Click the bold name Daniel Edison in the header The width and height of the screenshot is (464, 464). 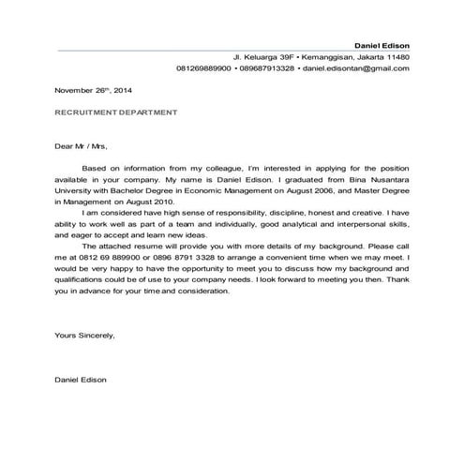click(381, 45)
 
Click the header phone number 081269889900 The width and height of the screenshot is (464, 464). click(204, 68)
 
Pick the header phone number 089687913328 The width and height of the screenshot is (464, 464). click(266, 68)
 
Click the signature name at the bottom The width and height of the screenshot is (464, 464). click(82, 380)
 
